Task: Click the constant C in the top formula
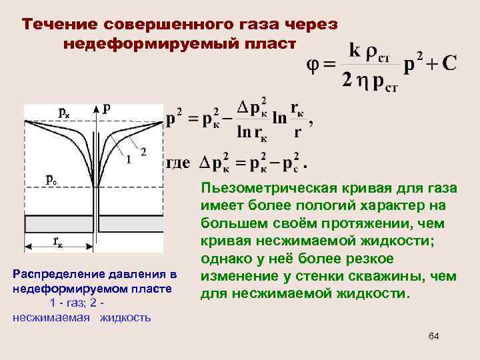click(x=449, y=63)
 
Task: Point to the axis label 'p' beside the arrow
click(x=107, y=107)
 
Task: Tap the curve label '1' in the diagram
click(x=127, y=158)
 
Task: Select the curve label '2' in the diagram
click(x=143, y=149)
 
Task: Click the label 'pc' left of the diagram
click(x=51, y=179)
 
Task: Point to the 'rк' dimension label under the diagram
click(x=59, y=241)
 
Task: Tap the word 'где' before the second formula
click(x=177, y=162)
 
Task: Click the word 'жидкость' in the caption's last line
click(x=125, y=317)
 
